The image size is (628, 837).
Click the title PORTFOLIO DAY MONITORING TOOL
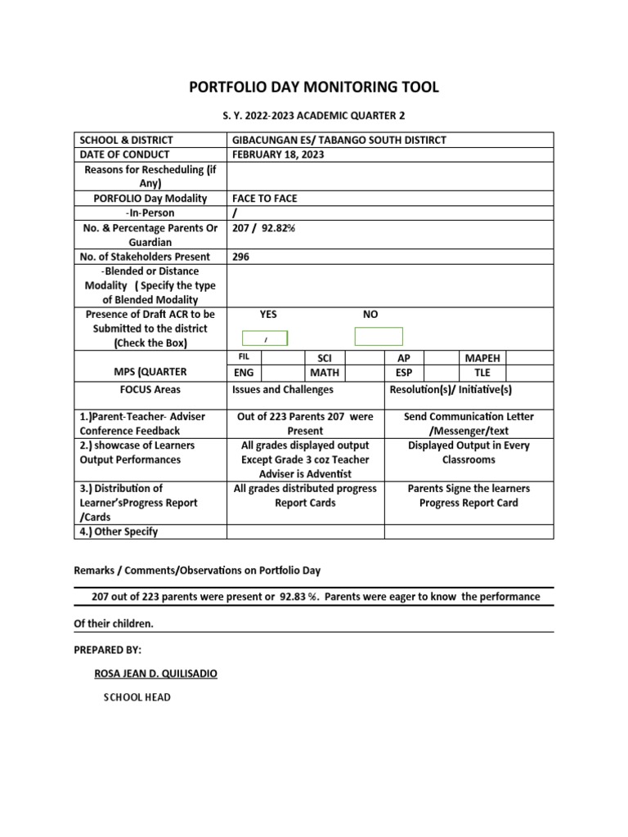point(314,87)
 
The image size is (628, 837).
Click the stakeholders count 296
point(241,257)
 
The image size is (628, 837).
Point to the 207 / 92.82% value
point(264,228)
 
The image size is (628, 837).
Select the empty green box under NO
point(378,336)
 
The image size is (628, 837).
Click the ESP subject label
point(403,373)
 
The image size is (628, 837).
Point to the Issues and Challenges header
point(283,390)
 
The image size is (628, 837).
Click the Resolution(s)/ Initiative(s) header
point(451,390)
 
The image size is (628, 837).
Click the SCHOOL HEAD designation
point(137,698)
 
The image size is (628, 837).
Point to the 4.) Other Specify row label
point(119,531)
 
